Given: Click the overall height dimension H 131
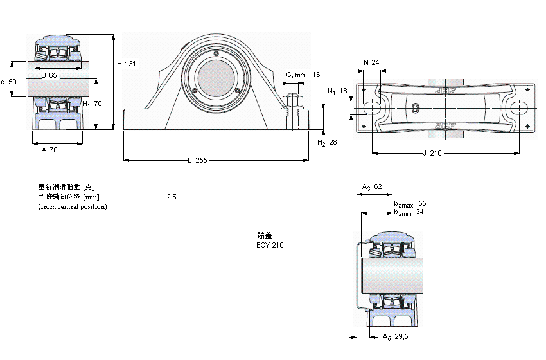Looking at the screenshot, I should pyautogui.click(x=127, y=64).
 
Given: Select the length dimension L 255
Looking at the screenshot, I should pyautogui.click(x=197, y=160).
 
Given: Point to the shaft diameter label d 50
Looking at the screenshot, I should pyautogui.click(x=9, y=82).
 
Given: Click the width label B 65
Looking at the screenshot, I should pyautogui.click(x=49, y=76).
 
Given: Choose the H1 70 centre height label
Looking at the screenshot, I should pyautogui.click(x=92, y=104).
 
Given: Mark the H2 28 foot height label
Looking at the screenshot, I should pyautogui.click(x=327, y=142).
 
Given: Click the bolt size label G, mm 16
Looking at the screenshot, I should pyautogui.click(x=303, y=75).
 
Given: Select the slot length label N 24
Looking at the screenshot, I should pyautogui.click(x=371, y=62).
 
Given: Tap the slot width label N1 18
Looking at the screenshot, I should pyautogui.click(x=337, y=91).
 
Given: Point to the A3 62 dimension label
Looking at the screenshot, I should pyautogui.click(x=372, y=187).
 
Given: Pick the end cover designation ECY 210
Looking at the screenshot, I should pyautogui.click(x=270, y=245).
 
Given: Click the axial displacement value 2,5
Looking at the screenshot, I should pyautogui.click(x=171, y=197).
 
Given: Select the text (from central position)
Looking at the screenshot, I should pyautogui.click(x=73, y=206).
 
